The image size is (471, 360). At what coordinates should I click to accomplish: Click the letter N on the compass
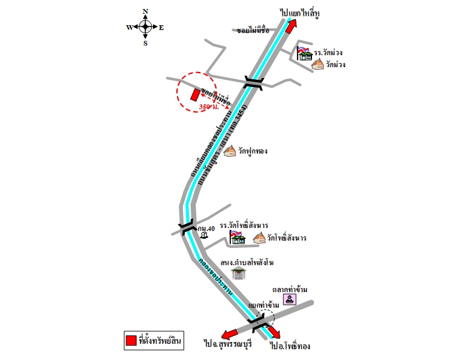[x=145, y=11]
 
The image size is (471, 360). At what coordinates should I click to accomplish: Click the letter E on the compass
[x=161, y=27]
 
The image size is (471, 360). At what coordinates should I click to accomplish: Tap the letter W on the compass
[x=129, y=27]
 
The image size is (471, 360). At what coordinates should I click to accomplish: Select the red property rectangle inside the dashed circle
[x=195, y=94]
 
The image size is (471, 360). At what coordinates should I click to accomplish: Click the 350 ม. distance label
[x=208, y=107]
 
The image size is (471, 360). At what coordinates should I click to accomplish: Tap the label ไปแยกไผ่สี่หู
[x=301, y=12]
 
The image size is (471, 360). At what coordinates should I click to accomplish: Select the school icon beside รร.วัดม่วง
[x=305, y=53]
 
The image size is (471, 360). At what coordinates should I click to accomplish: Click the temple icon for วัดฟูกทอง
[x=230, y=151]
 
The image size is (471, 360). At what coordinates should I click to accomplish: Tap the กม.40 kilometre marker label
[x=206, y=228]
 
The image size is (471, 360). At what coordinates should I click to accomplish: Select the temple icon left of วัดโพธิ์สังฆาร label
[x=259, y=238]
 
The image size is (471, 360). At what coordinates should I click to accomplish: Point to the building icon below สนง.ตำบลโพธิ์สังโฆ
[x=240, y=273]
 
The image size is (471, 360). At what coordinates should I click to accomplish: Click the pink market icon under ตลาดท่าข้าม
[x=290, y=299]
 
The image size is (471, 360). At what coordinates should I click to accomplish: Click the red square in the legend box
[x=130, y=340]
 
